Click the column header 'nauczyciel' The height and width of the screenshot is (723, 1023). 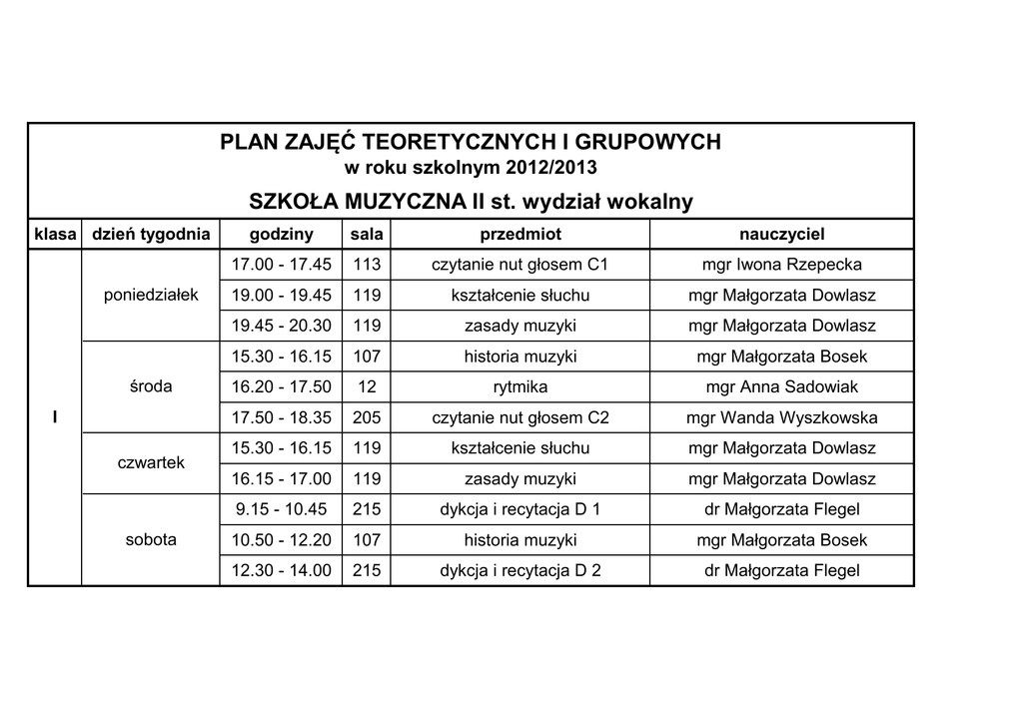point(781,235)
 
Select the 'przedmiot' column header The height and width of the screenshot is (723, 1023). point(520,235)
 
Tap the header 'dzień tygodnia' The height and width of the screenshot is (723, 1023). point(151,235)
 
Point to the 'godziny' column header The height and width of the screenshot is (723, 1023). point(281,235)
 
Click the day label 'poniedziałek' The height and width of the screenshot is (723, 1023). point(151,295)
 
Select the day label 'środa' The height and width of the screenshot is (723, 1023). point(151,386)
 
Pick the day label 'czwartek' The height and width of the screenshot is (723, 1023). point(151,463)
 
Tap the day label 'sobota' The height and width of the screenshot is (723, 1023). point(151,540)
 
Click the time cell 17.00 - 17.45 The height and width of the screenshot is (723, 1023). point(281,265)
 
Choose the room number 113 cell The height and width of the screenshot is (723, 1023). point(367,265)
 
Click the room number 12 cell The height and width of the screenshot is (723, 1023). point(367,386)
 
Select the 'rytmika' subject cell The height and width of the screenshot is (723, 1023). point(520,386)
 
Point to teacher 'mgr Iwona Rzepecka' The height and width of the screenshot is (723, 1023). point(781,265)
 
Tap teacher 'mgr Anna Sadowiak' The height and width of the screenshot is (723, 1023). point(781,386)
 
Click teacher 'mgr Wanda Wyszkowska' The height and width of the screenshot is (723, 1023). point(781,417)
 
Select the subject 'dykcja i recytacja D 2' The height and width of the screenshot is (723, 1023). point(520,571)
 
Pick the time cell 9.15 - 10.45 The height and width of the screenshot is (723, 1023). point(281,509)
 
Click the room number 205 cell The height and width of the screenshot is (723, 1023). point(367,417)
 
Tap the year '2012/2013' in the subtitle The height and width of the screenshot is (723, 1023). point(551,166)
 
